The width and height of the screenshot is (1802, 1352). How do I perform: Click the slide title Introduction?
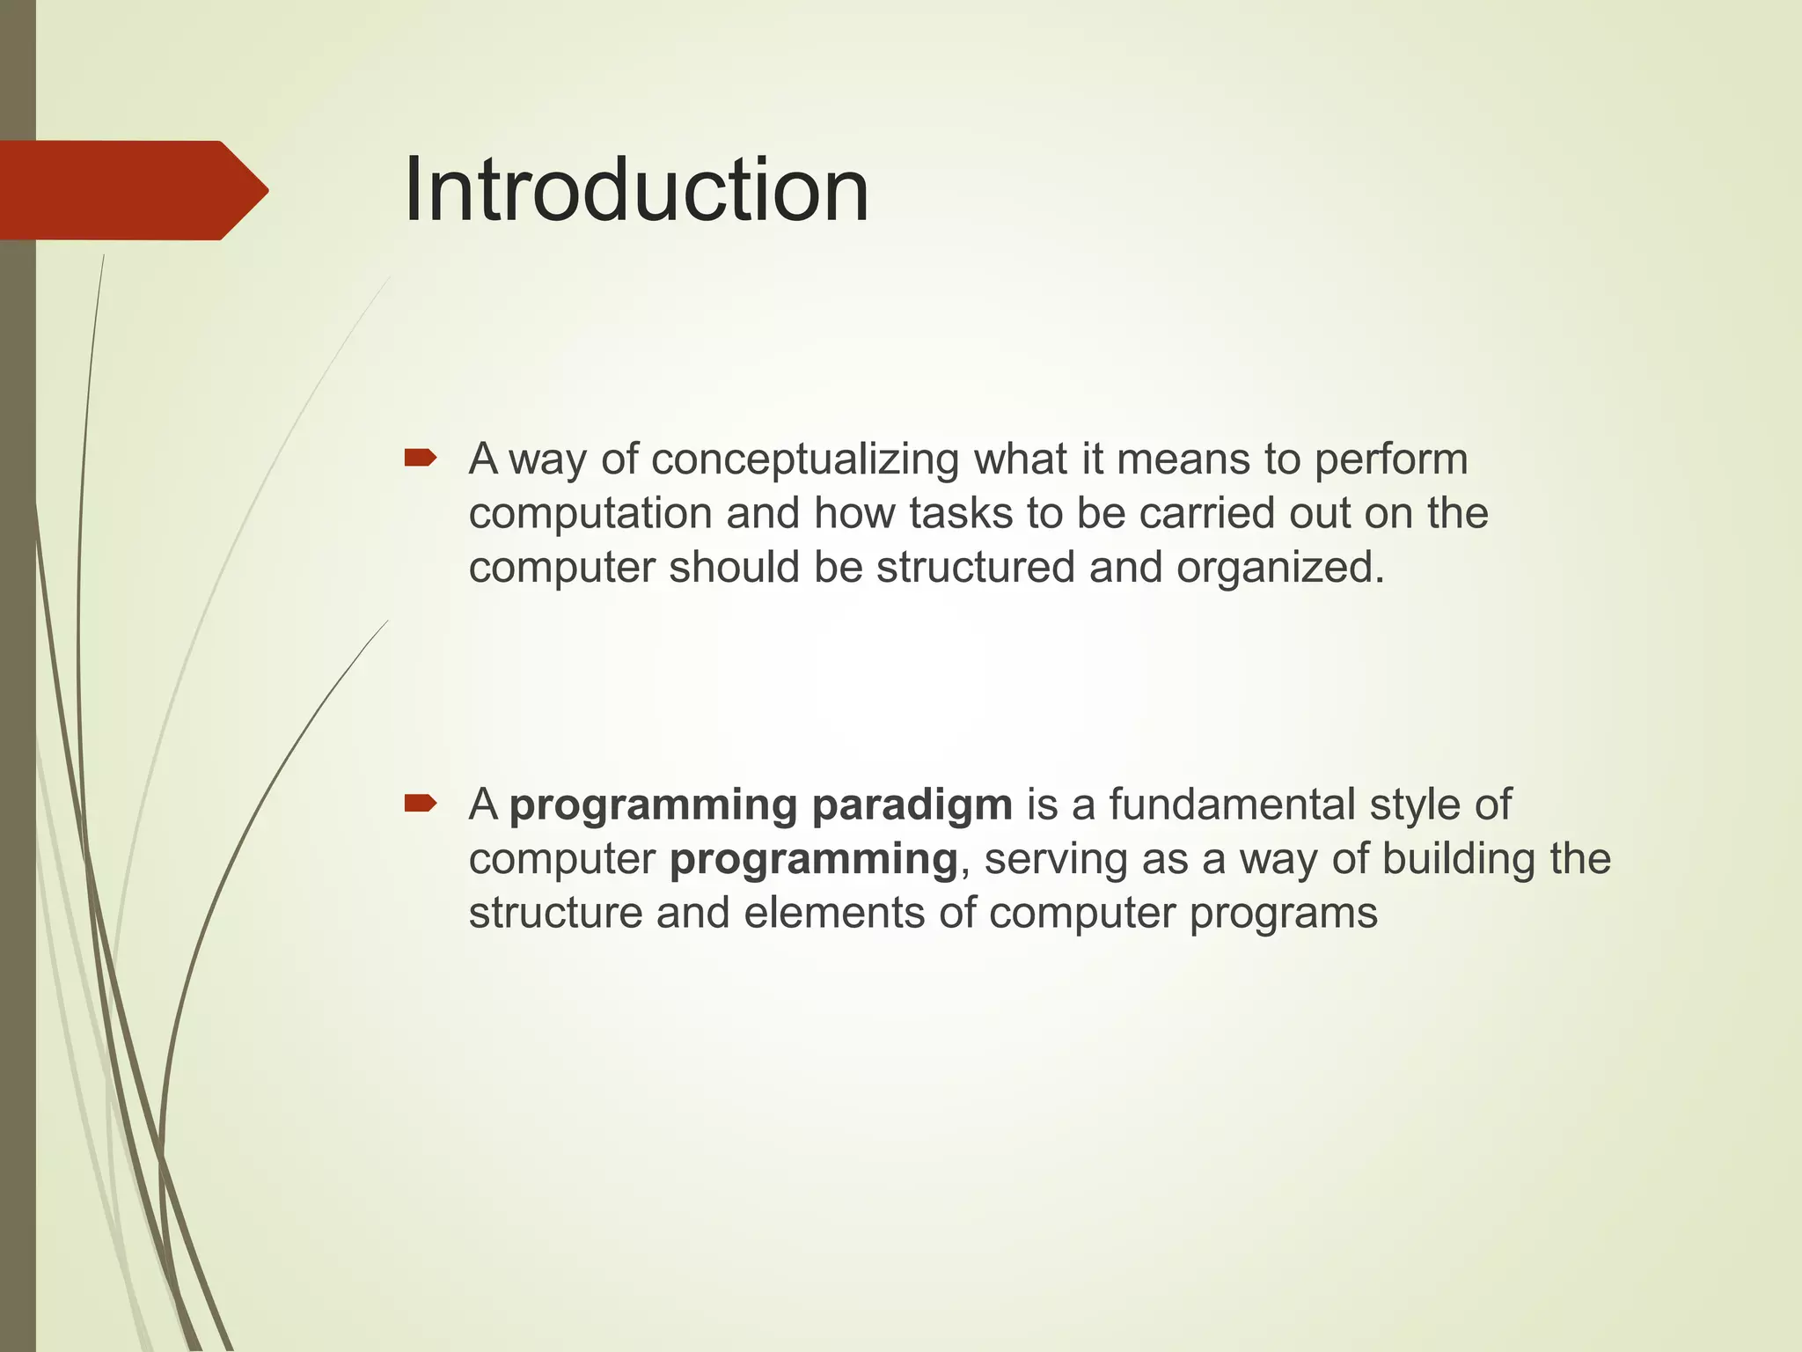tap(636, 190)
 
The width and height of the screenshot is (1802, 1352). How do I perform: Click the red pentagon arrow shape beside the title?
tap(132, 190)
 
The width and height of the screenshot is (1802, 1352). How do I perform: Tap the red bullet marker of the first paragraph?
tap(420, 458)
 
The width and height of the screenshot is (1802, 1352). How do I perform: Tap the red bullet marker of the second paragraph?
tap(420, 803)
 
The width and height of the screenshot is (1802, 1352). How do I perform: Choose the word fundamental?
tap(1232, 805)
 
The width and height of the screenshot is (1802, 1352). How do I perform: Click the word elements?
tap(832, 913)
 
